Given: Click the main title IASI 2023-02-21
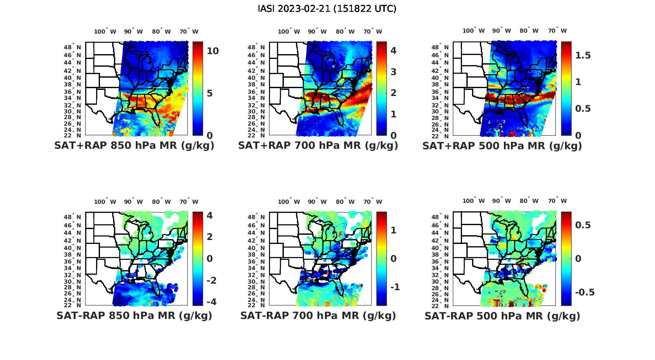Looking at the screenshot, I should point(327,9).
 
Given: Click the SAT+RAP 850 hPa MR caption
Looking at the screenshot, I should point(134,146).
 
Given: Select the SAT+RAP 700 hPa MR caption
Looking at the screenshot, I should point(318,146).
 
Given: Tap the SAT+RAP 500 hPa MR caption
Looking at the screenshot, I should point(502,146).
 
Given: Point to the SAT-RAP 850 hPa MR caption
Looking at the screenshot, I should point(134,315).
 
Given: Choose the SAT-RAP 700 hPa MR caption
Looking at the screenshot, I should point(318,315).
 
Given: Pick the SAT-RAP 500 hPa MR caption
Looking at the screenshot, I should point(502,315).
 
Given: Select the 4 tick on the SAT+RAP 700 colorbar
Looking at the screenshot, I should point(393,51).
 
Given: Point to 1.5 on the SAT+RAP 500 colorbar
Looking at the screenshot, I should point(583,55).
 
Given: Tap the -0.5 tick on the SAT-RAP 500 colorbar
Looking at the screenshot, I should point(584,292).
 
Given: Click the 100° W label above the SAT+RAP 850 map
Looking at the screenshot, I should point(105,31).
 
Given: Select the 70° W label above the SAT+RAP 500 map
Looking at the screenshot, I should point(557,31).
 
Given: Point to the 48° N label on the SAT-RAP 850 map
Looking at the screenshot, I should point(72,217).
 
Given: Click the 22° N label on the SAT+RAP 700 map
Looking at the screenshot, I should point(256,135).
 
